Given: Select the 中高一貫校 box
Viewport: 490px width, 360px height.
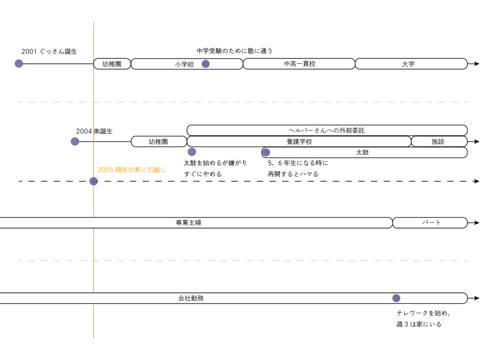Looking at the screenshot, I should pos(299,64).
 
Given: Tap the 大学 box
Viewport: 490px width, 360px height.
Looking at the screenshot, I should pos(411,64).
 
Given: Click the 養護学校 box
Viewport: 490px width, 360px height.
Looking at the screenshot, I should pos(299,142).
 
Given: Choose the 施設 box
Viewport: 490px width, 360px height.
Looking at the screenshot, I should pos(439,142).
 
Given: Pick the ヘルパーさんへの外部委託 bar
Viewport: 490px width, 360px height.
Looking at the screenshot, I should pos(327,130).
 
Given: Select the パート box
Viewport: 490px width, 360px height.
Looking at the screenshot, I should pos(430,223).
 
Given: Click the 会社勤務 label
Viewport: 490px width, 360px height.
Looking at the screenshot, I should pos(191,298).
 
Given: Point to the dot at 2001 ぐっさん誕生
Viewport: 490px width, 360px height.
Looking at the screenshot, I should pos(19,64).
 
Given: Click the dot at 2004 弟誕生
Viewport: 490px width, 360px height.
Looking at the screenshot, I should pos(75,142).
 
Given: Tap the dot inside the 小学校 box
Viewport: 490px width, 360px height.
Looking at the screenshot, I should pos(205,64).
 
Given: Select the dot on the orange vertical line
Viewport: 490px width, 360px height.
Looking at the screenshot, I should pos(93,181).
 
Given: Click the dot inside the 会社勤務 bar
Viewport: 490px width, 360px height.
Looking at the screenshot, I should pos(396,298).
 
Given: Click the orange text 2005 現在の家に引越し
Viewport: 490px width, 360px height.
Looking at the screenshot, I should pos(132,170).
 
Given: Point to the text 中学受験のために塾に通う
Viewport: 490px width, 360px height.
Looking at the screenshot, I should pos(234,51).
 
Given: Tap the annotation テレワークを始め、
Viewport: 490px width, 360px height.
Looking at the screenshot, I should pos(423,313).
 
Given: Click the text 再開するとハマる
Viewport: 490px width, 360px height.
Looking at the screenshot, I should pos(293,174).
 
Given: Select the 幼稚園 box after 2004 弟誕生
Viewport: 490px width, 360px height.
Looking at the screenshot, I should pos(158,142).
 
